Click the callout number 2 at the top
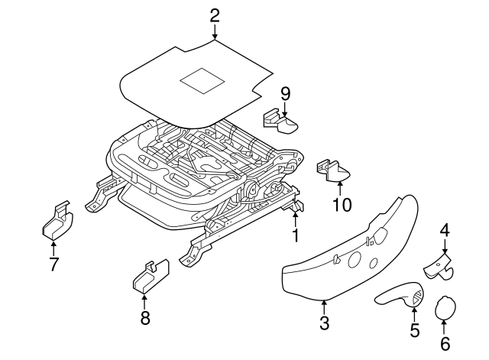tap(214, 15)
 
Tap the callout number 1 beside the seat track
tap(295, 235)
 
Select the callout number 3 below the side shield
tap(324, 323)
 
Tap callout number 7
tap(53, 264)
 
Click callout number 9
tap(285, 94)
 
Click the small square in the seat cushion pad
tap(201, 80)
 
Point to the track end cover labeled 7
tap(56, 223)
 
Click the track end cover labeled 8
tap(150, 277)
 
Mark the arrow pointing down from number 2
tap(214, 32)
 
